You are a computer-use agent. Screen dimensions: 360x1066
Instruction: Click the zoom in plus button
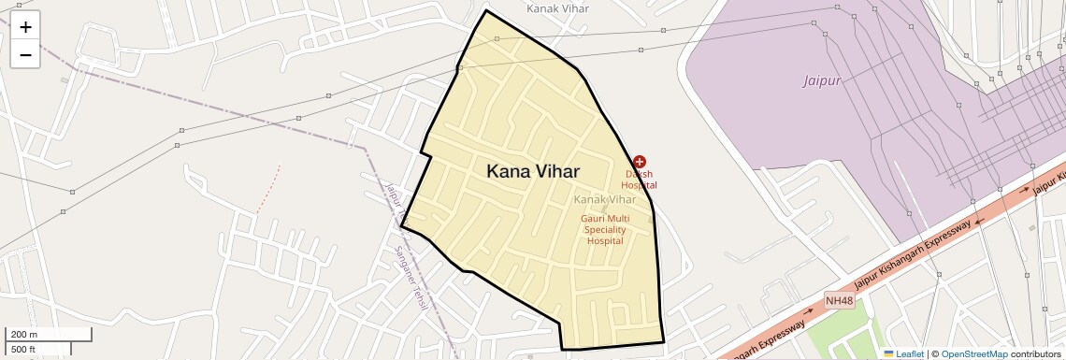pyautogui.click(x=25, y=27)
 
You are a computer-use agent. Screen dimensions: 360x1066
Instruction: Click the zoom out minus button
pyautogui.click(x=25, y=55)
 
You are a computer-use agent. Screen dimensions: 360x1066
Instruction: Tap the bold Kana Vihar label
pyautogui.click(x=532, y=172)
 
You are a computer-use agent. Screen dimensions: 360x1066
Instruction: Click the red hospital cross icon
pyautogui.click(x=640, y=163)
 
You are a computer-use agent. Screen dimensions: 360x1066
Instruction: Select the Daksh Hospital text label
pyautogui.click(x=640, y=180)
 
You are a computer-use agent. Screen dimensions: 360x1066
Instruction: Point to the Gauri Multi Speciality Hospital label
pyautogui.click(x=605, y=229)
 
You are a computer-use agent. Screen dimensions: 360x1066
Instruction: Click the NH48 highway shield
pyautogui.click(x=839, y=300)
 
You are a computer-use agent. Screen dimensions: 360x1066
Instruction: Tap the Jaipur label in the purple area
pyautogui.click(x=823, y=80)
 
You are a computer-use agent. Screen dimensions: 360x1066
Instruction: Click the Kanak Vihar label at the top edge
pyautogui.click(x=557, y=8)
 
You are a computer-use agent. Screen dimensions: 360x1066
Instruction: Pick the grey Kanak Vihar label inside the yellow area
pyautogui.click(x=604, y=199)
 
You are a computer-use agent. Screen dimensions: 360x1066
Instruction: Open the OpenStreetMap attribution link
pyautogui.click(x=973, y=353)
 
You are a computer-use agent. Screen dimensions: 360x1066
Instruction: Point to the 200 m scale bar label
pyautogui.click(x=24, y=334)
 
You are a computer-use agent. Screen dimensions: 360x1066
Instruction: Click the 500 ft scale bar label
pyautogui.click(x=24, y=350)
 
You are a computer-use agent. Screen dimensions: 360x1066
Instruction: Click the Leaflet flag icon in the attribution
pyautogui.click(x=888, y=353)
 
